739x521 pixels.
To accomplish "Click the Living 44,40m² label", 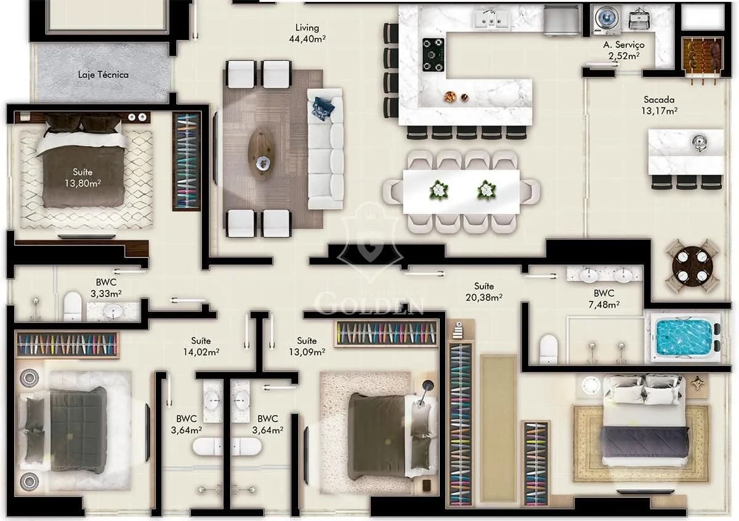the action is click(307, 33).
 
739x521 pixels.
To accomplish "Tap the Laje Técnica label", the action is click(103, 75).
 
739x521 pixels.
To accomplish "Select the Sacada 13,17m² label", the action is click(659, 105).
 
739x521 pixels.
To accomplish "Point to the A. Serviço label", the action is click(624, 45).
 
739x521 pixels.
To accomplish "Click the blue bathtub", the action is click(685, 337).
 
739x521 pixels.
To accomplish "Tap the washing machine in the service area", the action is click(607, 19).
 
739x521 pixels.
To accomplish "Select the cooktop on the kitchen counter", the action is click(433, 55).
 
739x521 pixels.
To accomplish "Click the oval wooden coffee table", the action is click(261, 154).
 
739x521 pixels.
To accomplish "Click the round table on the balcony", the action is click(692, 266).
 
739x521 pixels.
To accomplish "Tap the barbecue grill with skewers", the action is click(702, 58).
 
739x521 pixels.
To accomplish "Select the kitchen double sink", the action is click(492, 18).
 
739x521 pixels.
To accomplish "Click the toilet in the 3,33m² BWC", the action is click(73, 306).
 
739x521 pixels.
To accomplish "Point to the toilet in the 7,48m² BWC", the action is click(548, 349).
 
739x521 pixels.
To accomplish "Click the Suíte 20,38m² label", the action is click(484, 292).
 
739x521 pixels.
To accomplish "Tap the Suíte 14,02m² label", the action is click(201, 346).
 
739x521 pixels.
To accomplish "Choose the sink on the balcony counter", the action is click(699, 143).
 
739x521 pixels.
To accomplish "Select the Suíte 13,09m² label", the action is click(307, 346).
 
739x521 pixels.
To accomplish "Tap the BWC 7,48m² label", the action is click(604, 298).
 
